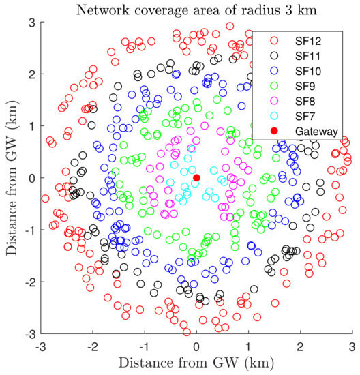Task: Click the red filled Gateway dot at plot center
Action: (x=196, y=177)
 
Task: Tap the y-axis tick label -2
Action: (x=28, y=282)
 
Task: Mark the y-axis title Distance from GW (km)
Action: (x=11, y=177)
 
